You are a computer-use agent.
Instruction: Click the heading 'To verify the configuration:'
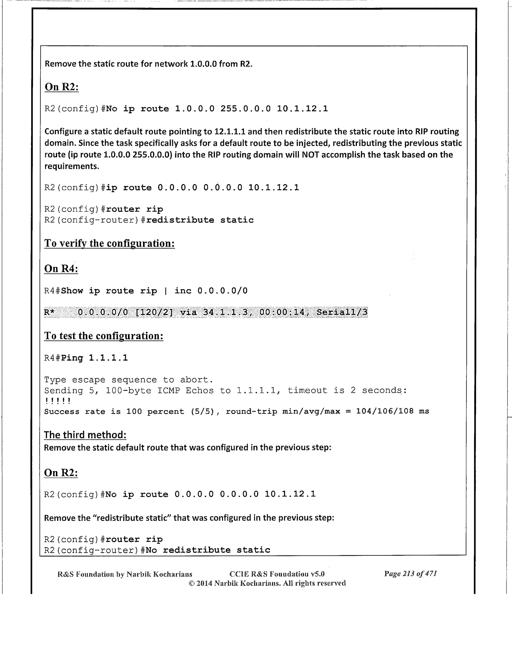tap(109, 243)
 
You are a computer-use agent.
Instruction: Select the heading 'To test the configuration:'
tap(104, 336)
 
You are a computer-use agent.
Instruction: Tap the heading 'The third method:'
tap(85, 435)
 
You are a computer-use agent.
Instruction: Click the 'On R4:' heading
tap(61, 268)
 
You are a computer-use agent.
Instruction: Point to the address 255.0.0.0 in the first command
tap(245, 109)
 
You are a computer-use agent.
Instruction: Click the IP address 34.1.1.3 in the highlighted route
tap(224, 312)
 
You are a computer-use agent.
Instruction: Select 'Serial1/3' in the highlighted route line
tap(342, 312)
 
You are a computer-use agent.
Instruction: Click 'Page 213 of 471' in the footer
tap(410, 574)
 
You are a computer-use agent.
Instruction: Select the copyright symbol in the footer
tap(192, 583)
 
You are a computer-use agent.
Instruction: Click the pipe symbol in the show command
tap(166, 291)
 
